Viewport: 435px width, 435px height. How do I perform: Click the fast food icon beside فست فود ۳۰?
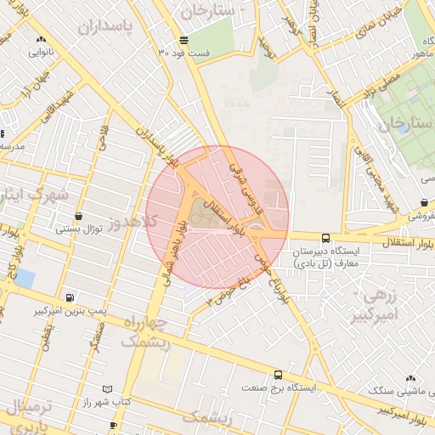click(184, 41)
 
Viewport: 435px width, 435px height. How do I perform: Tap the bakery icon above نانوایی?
click(40, 39)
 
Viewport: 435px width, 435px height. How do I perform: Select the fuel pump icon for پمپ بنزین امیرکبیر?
click(69, 297)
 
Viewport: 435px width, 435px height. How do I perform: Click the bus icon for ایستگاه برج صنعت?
click(278, 374)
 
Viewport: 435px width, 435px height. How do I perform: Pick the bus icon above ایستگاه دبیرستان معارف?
click(326, 239)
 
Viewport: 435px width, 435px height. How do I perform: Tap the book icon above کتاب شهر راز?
click(107, 388)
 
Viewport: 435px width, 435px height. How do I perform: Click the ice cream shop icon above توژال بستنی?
click(79, 216)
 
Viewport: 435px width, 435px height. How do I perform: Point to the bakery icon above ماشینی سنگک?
click(411, 378)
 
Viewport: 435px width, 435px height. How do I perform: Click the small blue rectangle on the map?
click(25, 278)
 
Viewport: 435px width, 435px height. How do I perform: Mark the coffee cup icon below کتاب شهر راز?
click(113, 424)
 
